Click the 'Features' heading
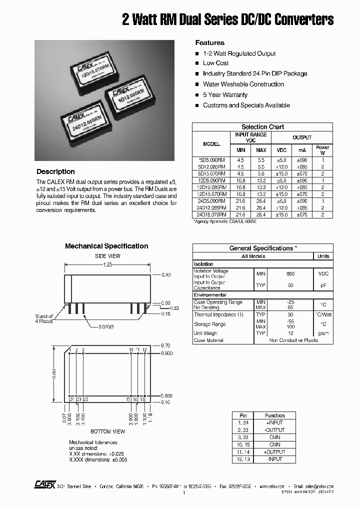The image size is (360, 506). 209,43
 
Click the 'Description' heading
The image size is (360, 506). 55,171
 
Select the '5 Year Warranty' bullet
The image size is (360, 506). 225,95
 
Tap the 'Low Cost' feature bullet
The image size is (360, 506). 215,63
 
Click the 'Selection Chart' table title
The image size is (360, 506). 262,127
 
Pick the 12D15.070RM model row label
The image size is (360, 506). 211,194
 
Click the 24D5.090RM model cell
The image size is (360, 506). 211,201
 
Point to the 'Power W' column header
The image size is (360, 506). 322,150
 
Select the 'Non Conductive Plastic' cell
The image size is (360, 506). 293,340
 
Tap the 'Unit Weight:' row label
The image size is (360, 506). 206,333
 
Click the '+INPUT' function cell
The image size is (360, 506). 274,423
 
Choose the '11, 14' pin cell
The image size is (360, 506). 243,452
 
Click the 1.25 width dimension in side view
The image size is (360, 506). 107,264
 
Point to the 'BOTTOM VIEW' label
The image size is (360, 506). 107,431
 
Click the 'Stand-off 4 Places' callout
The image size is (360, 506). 44,319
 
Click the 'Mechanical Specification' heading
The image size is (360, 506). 106,246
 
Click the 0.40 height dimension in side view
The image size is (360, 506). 166,275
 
